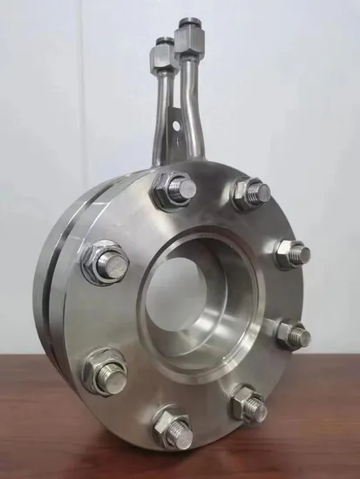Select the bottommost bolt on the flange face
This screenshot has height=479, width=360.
pyautogui.click(x=173, y=426)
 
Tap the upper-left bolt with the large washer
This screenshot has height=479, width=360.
pyautogui.click(x=105, y=261)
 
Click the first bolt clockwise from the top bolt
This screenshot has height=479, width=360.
pyautogui.click(x=249, y=193)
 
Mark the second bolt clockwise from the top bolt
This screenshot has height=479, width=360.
pyautogui.click(x=292, y=253)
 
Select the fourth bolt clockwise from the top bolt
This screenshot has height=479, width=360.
pyautogui.click(x=248, y=402)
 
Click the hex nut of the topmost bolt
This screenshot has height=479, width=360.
pyautogui.click(x=166, y=192)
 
